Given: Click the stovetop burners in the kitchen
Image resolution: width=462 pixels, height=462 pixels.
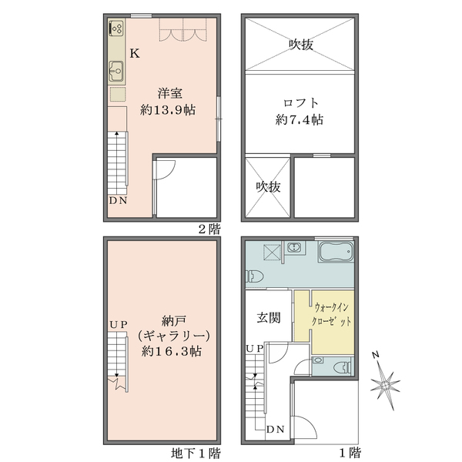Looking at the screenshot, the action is pos(116,28).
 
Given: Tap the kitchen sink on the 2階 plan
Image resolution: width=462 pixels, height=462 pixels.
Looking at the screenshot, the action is pos(116,71).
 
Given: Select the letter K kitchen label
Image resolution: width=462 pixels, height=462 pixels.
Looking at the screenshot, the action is pos(135,53).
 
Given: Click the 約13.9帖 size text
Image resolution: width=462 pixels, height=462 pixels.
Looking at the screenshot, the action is pos(167,110).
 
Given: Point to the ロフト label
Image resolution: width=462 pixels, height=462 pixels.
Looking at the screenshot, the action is pos(300,103).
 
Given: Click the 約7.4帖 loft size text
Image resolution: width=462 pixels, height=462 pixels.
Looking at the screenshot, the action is pos(300,119).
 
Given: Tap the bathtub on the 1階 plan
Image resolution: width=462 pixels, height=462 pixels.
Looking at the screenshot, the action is pos(336,252).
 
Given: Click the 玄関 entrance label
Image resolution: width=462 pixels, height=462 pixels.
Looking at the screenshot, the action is pos(269,318).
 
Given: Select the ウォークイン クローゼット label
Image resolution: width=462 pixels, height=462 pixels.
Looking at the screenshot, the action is pos(331,314).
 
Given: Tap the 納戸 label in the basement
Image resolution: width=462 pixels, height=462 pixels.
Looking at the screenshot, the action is pos(174,321).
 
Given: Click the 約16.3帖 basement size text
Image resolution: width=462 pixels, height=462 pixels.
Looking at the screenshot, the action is pos(172,351).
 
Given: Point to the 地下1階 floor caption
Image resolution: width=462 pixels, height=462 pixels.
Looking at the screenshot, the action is pos(196,453).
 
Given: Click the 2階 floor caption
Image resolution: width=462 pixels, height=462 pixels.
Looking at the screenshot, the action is pos(209,229).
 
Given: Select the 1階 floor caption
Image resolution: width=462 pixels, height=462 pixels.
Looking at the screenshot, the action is pos(350,453).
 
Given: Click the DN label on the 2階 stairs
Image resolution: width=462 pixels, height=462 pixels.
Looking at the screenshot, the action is pos(118,201).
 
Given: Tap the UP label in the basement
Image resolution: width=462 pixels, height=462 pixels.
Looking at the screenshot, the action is pos(119,325).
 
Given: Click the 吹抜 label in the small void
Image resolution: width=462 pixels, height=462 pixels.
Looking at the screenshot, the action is pos(268,187).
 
